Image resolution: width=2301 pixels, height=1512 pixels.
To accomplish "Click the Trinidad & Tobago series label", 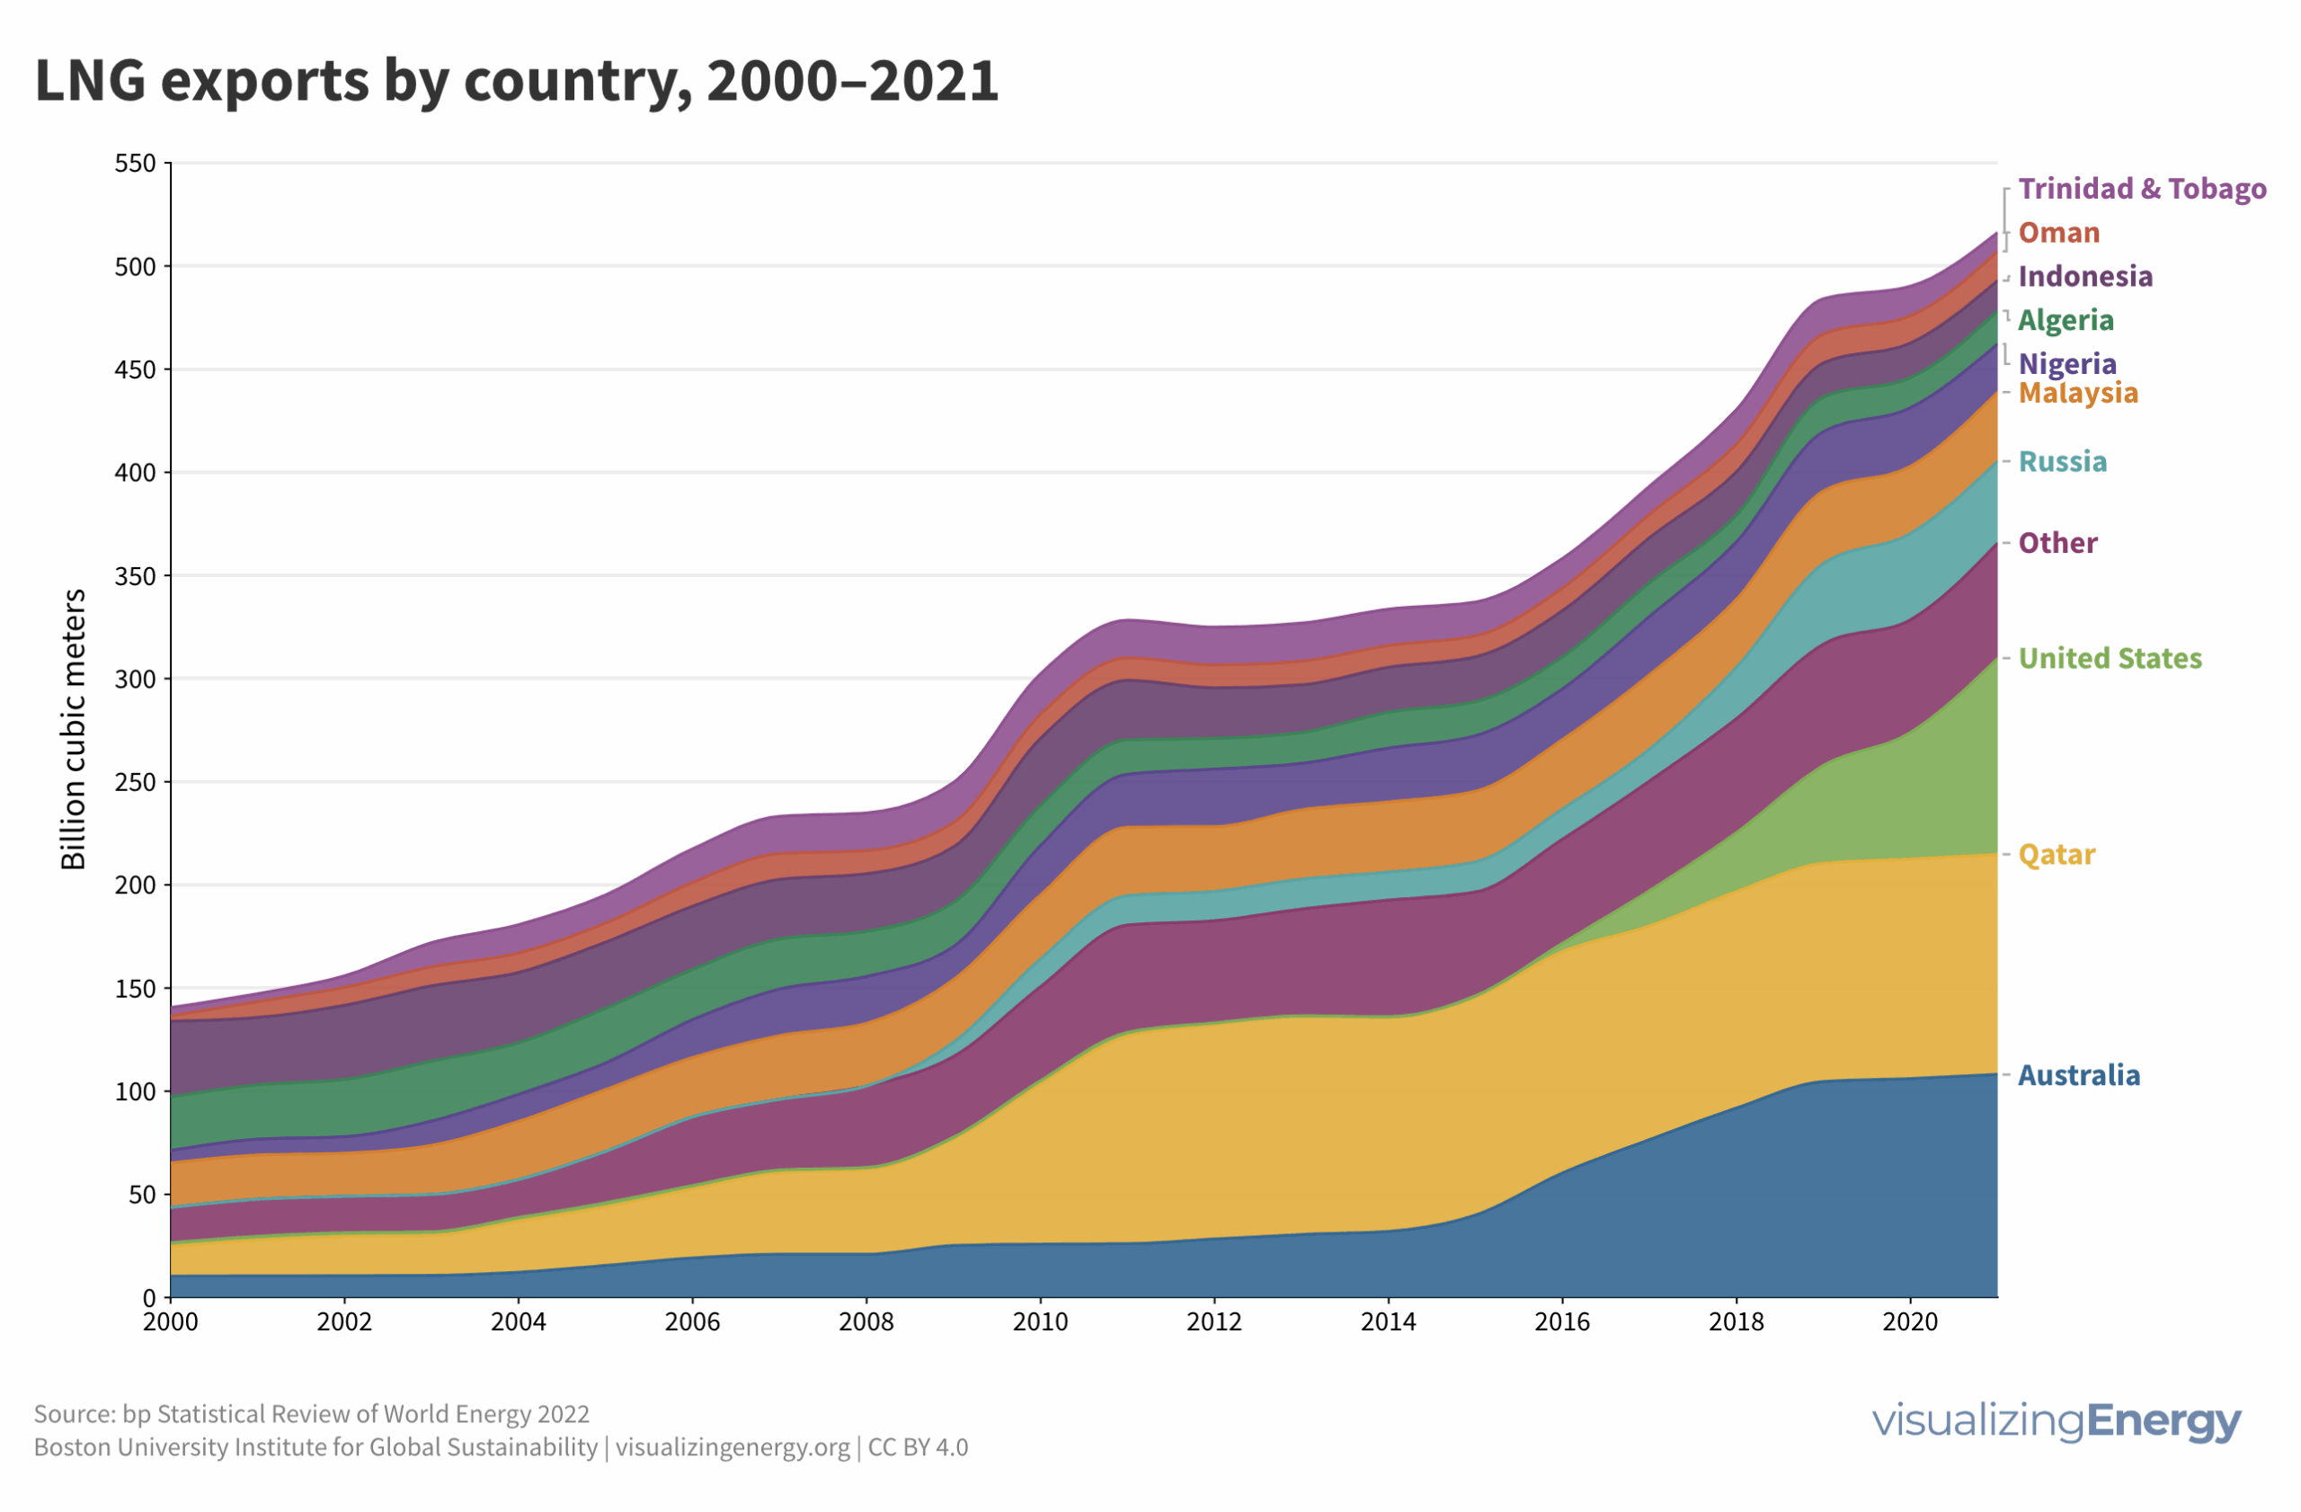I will [x=2142, y=189].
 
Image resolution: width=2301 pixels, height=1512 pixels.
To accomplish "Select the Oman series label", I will [x=2058, y=233].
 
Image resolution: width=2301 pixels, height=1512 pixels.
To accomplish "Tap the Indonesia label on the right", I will [x=2084, y=277].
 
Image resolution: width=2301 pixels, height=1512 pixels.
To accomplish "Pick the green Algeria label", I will [x=2066, y=320].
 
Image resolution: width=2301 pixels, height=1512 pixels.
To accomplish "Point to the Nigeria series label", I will [x=2067, y=364].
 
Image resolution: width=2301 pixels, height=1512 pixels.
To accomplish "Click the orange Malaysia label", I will [x=2078, y=394].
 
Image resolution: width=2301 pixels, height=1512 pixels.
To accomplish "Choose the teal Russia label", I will [x=2062, y=462].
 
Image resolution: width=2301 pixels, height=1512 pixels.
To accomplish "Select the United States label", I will [x=2110, y=658].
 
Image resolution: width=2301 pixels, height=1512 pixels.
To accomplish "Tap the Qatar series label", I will [x=2057, y=855].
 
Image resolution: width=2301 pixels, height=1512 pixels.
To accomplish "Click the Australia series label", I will [x=2079, y=1075].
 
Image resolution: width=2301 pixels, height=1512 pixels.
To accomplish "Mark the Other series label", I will [x=2057, y=543].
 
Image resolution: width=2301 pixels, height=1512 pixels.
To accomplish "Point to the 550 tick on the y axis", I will [x=136, y=164].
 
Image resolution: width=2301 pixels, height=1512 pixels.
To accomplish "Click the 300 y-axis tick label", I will [x=136, y=679].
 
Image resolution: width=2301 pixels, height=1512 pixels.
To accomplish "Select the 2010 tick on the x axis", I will [x=1040, y=1321].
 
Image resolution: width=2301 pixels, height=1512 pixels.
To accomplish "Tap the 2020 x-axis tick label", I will [x=1909, y=1321].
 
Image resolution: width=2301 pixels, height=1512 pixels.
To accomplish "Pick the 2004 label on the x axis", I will [x=519, y=1321].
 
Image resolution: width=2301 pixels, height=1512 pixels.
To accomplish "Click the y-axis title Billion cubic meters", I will [x=74, y=729].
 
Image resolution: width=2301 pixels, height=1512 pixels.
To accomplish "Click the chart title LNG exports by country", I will [x=516, y=80].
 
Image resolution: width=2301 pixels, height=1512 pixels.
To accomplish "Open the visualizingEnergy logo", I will [x=2056, y=1421].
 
